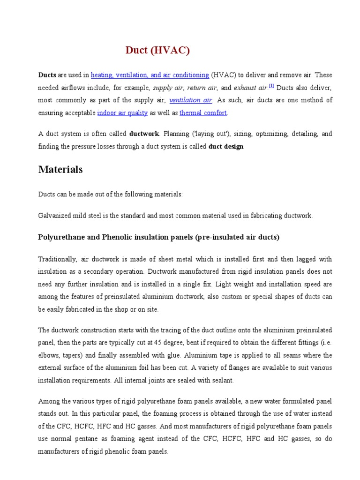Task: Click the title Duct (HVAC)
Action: click(x=157, y=51)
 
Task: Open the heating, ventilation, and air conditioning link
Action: click(x=150, y=75)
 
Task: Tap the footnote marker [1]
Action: click(x=271, y=86)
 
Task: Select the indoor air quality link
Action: click(x=122, y=113)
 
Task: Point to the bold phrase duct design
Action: click(x=226, y=147)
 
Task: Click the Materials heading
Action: click(x=60, y=170)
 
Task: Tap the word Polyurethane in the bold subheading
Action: click(x=58, y=237)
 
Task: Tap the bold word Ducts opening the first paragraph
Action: click(x=47, y=75)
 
